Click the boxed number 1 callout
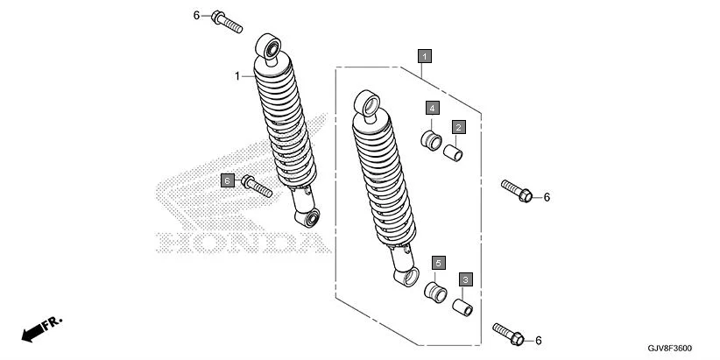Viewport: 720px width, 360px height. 424,56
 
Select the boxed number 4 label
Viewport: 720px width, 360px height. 432,108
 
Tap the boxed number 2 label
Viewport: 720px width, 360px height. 458,127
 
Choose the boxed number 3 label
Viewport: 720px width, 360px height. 466,279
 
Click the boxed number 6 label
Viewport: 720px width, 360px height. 227,180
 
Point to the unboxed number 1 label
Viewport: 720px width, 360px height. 236,76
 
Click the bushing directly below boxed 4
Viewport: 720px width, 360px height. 429,139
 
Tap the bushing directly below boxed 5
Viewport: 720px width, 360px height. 435,291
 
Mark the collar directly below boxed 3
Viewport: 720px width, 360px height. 462,308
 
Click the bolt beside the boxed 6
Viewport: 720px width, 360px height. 258,186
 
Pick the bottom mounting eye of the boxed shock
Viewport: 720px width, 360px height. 402,278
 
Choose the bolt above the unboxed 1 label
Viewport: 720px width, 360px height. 225,22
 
